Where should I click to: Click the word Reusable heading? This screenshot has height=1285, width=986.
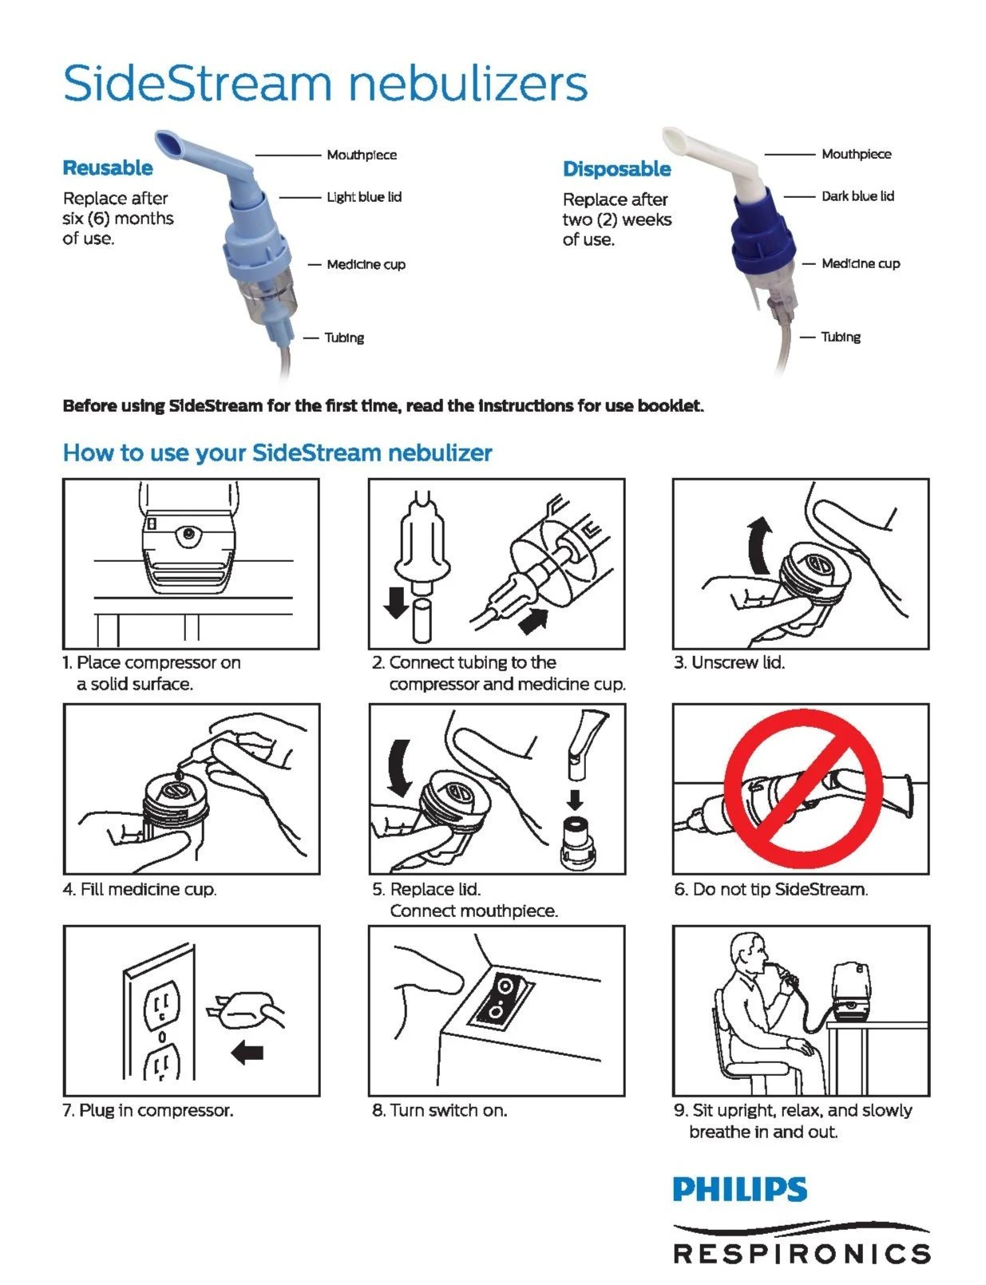coord(108,168)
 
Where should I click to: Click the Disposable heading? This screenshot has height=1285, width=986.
coord(616,169)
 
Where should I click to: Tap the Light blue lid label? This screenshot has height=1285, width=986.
coord(363,197)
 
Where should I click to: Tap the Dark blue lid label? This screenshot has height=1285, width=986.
coord(857,196)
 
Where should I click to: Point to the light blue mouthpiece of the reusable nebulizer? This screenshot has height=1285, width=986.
coord(188,152)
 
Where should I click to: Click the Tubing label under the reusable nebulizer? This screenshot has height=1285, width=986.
coord(344,338)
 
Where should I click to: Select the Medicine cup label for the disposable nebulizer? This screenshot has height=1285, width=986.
coord(861,264)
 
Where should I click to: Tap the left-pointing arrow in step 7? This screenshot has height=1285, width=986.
coord(247,1054)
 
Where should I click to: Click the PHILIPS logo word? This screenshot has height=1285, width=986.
coord(739,1190)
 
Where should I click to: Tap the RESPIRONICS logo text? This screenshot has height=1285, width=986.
coord(802,1253)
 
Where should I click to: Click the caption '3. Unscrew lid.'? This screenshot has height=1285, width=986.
coord(729,663)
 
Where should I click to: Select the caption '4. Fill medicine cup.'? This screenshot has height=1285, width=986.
coord(140,889)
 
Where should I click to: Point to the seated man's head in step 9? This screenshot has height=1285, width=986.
coord(750,949)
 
